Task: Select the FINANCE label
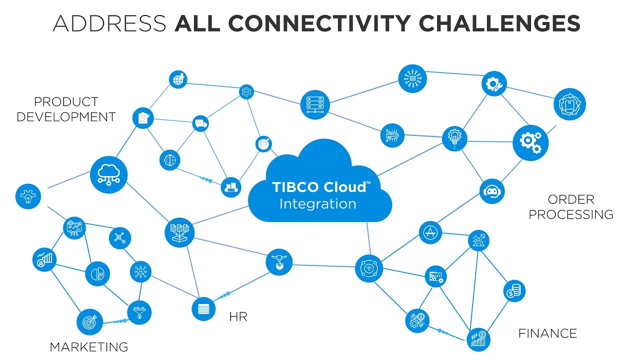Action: pos(547,333)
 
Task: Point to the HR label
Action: pos(238,316)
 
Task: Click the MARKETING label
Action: pos(89,346)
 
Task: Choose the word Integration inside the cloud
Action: pos(317,204)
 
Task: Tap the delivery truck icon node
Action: pos(200,123)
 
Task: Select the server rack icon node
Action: pos(315,104)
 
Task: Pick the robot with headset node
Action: pos(492,191)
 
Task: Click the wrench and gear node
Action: pos(494,83)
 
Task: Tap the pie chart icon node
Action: pos(97,273)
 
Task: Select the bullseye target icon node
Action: pos(90,322)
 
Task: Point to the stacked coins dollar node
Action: pos(513,290)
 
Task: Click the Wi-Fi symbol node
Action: pos(368,268)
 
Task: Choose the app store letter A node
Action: pos(430,232)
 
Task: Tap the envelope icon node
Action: pos(263,144)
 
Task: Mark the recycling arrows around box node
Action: pos(569,104)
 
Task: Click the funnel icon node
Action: pos(139,312)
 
